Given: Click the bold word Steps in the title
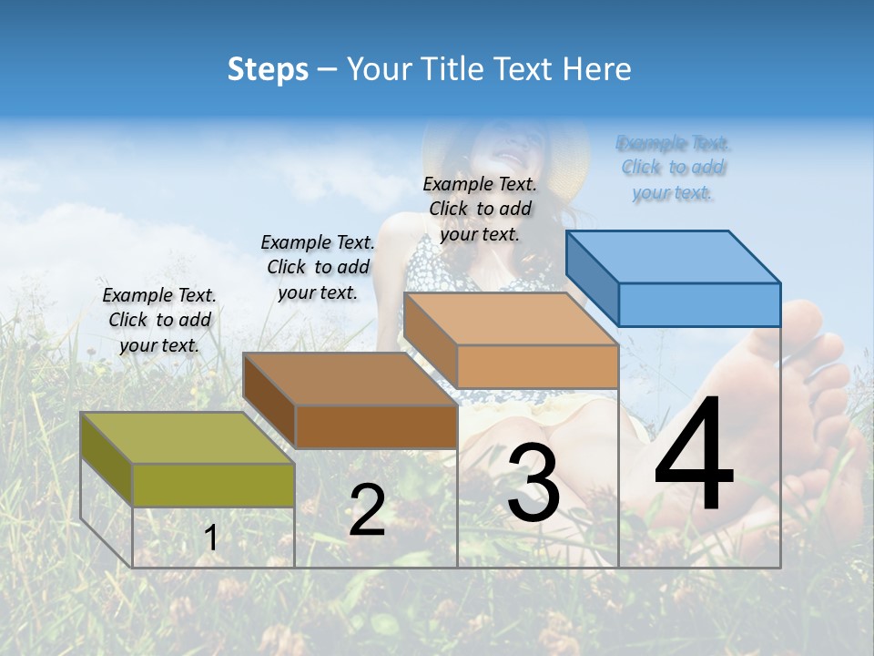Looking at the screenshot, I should click(x=268, y=69).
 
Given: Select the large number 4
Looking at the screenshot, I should click(x=694, y=456).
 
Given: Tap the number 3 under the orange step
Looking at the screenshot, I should click(x=534, y=483).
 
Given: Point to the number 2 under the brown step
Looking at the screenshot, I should click(x=367, y=510).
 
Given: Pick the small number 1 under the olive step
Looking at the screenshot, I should click(x=211, y=538).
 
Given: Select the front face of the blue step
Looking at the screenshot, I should click(x=699, y=304).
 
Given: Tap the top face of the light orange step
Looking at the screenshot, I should click(x=511, y=319).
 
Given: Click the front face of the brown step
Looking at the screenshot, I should click(x=376, y=426).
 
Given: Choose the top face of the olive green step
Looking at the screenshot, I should click(x=188, y=437).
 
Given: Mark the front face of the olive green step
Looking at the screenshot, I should click(x=213, y=485).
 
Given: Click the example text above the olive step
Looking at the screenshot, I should click(x=159, y=320).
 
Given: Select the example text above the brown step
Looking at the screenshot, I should click(x=318, y=267).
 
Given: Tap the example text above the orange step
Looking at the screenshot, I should click(x=480, y=209).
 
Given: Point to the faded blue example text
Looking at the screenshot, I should click(x=673, y=168).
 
